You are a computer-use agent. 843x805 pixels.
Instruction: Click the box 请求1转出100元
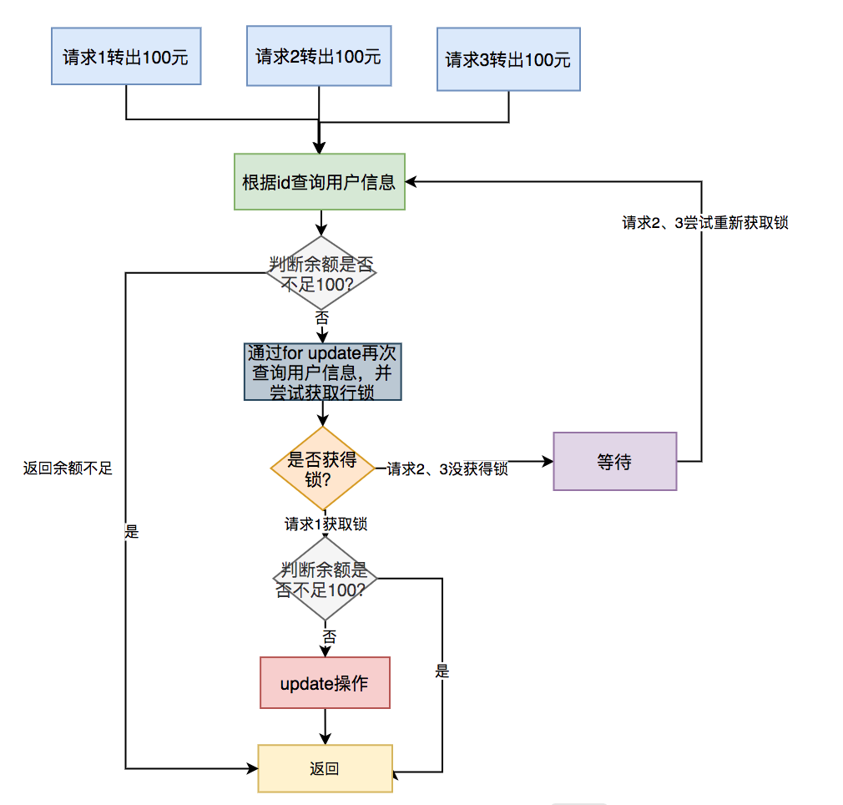[126, 57]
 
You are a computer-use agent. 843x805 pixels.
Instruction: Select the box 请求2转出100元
[319, 56]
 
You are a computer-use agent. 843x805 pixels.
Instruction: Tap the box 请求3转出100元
[508, 60]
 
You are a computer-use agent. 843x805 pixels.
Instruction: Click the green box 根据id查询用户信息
[320, 181]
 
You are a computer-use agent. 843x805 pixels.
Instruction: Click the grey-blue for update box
[323, 371]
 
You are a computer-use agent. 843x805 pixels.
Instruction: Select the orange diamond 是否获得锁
[322, 468]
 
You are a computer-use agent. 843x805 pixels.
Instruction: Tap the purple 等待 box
[614, 461]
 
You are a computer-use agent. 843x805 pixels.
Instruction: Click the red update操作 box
[325, 683]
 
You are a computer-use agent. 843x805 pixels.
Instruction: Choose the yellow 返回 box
[325, 768]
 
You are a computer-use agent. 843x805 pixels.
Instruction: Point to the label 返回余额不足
[67, 468]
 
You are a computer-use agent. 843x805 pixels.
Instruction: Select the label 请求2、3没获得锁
[447, 469]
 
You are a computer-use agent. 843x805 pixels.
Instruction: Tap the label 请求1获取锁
[326, 524]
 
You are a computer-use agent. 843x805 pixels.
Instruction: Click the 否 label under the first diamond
[322, 317]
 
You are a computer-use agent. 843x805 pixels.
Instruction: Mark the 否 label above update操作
[330, 636]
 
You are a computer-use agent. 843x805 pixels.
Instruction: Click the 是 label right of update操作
[442, 671]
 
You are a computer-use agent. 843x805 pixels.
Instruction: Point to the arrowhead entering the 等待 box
[548, 461]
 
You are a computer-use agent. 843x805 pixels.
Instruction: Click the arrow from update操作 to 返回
[325, 727]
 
